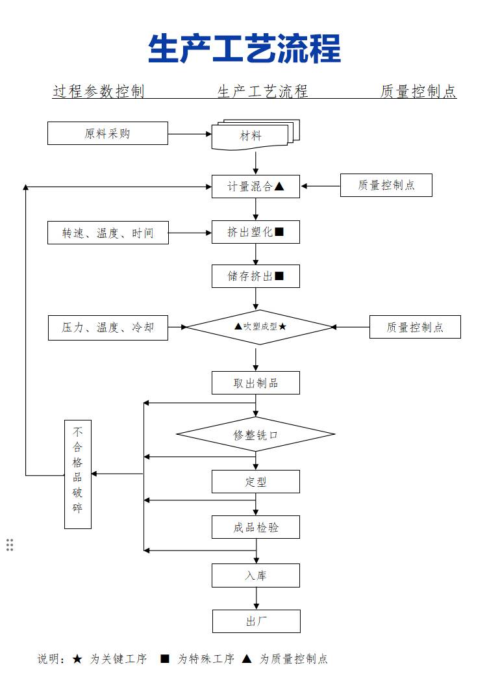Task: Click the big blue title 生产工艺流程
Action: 244,49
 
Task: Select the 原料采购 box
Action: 108,133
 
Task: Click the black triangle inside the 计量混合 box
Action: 279,187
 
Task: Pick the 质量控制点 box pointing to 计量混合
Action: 386,186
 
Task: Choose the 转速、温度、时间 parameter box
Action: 108,233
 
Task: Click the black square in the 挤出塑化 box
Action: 279,232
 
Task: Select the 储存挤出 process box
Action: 256,276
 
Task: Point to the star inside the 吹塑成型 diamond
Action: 282,327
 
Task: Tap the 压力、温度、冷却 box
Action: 108,328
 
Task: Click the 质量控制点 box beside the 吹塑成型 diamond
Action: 415,327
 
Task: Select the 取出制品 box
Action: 256,383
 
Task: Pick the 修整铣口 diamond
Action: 256,434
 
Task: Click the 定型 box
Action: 256,482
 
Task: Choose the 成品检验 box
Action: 256,527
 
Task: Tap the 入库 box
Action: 256,576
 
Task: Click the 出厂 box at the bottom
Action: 256,621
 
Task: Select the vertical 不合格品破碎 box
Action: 78,474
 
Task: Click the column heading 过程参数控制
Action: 99,92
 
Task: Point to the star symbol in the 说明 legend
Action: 77,659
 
